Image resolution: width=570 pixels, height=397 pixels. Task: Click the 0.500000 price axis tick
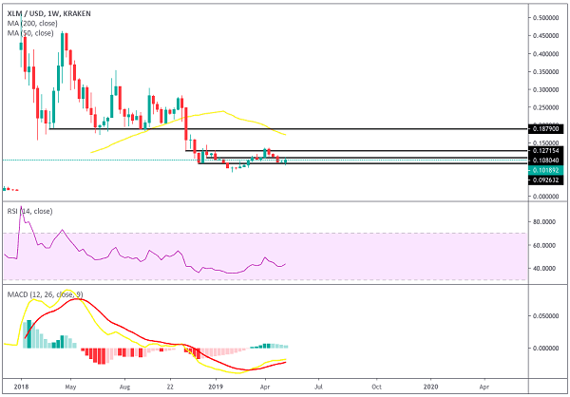coord(547,18)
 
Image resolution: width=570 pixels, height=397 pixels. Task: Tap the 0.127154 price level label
coord(547,150)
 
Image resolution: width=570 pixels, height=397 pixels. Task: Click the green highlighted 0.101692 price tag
coord(547,170)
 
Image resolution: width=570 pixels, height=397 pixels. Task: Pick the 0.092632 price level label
coord(547,180)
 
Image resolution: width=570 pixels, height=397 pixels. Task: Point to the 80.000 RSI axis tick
coord(544,221)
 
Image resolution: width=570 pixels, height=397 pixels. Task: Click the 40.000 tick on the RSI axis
coord(544,268)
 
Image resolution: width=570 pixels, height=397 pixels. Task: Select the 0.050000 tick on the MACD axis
coord(547,314)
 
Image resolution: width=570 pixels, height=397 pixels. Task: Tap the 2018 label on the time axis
coord(22,388)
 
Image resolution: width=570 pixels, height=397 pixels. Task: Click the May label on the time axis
coord(69,388)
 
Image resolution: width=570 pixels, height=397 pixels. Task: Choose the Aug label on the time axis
coord(123,388)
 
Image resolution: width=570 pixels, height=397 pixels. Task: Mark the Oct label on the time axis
coord(376,388)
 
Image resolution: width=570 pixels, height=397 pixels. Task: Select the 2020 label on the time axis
coord(430,388)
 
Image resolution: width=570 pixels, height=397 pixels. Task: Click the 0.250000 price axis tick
coord(547,107)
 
